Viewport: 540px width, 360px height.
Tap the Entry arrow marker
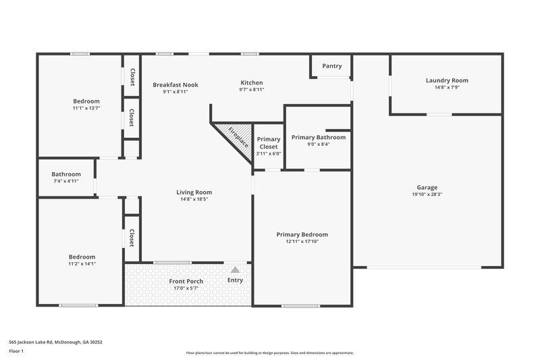pyautogui.click(x=235, y=269)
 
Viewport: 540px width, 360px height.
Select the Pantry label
pyautogui.click(x=331, y=66)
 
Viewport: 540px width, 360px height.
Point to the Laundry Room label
pyautogui.click(x=447, y=80)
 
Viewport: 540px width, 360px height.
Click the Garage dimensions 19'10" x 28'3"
pyautogui.click(x=427, y=195)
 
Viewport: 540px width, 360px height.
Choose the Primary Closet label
pyautogui.click(x=269, y=143)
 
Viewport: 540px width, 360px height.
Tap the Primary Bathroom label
pyautogui.click(x=319, y=137)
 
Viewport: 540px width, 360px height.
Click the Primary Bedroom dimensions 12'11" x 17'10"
pyautogui.click(x=302, y=242)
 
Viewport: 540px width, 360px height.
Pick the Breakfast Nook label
pyautogui.click(x=175, y=84)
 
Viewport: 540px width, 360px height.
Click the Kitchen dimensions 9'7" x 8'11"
pyautogui.click(x=252, y=90)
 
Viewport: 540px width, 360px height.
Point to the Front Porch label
pyautogui.click(x=186, y=281)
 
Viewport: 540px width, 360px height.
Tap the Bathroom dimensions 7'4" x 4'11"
pyautogui.click(x=66, y=181)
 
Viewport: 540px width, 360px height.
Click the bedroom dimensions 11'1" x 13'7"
pyautogui.click(x=86, y=108)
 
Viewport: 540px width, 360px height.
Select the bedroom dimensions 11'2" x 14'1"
pyautogui.click(x=82, y=264)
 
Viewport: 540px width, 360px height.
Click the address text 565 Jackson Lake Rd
pyautogui.click(x=55, y=342)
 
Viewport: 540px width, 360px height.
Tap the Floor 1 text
pyautogui.click(x=16, y=352)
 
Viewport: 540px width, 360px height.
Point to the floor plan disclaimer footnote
pyautogui.click(x=269, y=353)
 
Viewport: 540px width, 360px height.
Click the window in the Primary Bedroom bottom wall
pyautogui.click(x=300, y=306)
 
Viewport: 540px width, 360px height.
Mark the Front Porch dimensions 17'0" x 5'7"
pyautogui.click(x=186, y=288)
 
